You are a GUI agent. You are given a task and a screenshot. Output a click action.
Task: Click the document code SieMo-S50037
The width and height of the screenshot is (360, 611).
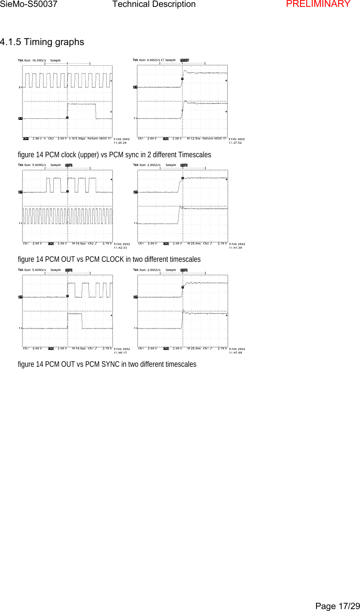(29, 4)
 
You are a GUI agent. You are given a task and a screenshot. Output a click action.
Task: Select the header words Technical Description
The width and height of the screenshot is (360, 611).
(154, 4)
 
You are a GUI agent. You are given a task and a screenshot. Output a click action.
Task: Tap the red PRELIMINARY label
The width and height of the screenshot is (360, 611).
(318, 4)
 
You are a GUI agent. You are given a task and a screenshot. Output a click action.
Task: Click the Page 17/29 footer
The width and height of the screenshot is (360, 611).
(337, 606)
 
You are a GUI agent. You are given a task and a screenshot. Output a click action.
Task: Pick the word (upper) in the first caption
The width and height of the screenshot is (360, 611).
(88, 155)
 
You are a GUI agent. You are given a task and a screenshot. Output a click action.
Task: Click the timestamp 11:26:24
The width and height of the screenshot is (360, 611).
(120, 143)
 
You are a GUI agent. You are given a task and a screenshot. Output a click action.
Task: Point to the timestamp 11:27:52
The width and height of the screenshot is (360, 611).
(235, 143)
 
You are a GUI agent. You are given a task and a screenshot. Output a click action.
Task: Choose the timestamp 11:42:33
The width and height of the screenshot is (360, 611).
(120, 248)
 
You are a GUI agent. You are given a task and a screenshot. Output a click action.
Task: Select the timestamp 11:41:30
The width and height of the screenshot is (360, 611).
(235, 248)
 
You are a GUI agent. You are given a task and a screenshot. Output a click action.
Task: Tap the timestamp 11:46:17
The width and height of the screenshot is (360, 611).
(120, 353)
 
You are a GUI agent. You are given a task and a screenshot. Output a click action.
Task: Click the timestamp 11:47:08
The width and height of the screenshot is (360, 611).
(235, 353)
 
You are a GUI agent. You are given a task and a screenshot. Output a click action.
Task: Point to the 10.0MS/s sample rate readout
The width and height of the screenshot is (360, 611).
(39, 60)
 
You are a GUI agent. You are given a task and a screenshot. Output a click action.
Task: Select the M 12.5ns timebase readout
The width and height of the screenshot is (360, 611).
(194, 139)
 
